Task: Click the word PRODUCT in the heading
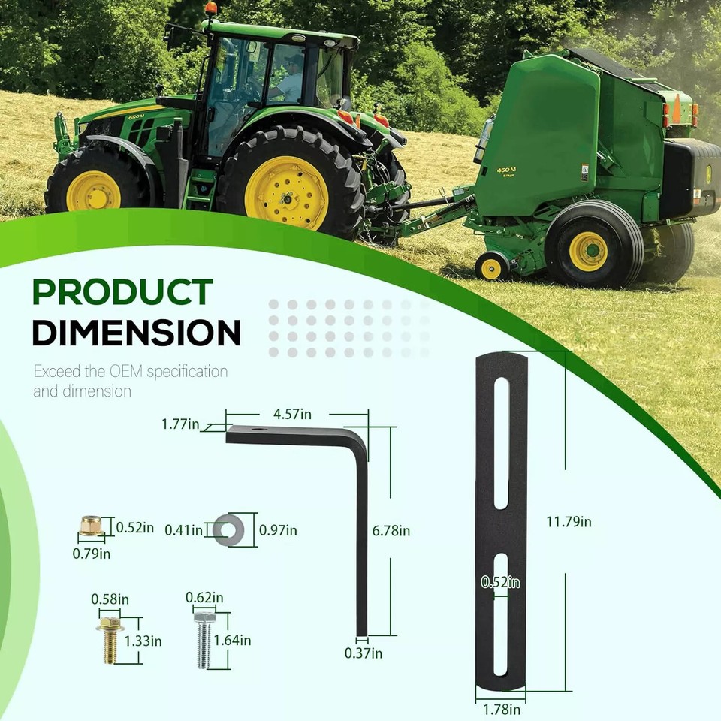[x=122, y=292]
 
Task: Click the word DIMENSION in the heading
[x=136, y=332]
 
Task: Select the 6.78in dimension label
[x=391, y=531]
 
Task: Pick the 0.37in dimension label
[x=364, y=653]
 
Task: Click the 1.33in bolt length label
[x=143, y=641]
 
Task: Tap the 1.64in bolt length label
[x=233, y=641]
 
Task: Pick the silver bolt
[x=203, y=640]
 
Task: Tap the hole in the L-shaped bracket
[x=258, y=430]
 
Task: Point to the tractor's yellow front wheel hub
[x=93, y=191]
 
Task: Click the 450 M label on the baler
[x=506, y=170]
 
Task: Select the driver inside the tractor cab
[x=289, y=80]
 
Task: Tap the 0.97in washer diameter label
[x=278, y=531]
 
